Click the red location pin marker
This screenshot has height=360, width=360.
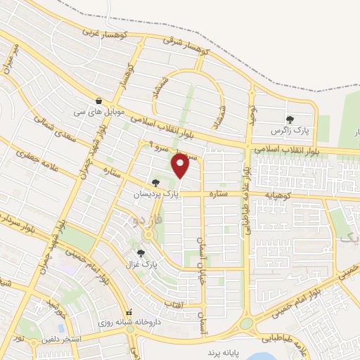coord(181,165)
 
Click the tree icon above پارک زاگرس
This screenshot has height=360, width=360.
coord(290,119)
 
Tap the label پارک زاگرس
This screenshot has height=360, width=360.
coord(290,131)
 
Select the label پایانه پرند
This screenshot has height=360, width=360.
coord(224,349)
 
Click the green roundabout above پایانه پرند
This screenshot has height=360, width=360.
coord(246,324)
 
